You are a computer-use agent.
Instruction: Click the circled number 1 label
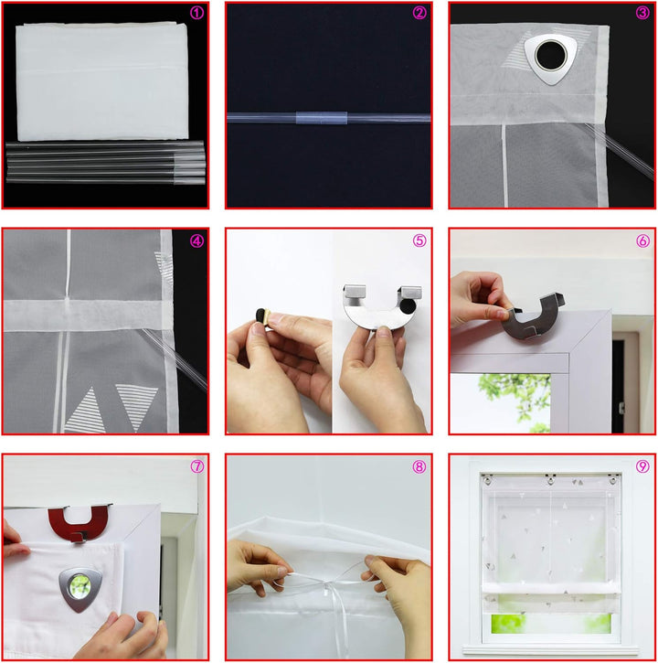196,13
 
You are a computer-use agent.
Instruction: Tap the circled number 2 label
419,13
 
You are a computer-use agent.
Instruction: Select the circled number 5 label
419,241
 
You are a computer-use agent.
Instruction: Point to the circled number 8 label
419,466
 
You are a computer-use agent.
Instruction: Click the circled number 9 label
642,466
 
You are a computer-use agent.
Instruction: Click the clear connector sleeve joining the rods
322,118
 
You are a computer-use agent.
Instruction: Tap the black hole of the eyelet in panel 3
551,56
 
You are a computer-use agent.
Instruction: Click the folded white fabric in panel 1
101,81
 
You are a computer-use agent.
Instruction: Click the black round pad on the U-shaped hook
408,305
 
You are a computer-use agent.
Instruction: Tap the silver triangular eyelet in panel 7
80,589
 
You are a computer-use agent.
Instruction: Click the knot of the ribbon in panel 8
326,583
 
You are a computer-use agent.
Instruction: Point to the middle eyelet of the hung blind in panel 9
551,480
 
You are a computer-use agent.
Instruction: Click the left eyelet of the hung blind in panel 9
488,480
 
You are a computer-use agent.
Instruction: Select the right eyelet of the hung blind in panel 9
613,480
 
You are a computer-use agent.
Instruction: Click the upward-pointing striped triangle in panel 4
87,411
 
